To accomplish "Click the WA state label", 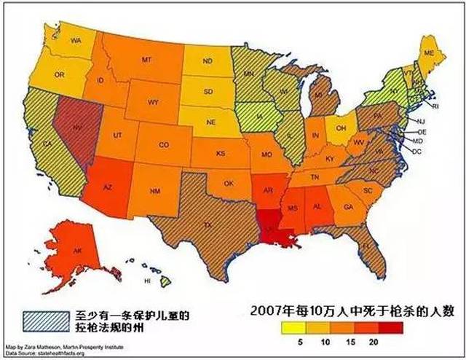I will [75, 41].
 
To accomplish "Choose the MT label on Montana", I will [146, 59].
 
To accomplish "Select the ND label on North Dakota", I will [207, 61].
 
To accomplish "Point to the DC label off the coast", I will [417, 151].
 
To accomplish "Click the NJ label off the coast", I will [420, 120].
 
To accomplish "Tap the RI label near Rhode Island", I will [436, 105].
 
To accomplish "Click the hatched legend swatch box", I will [41, 318].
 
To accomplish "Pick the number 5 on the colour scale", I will [299, 342].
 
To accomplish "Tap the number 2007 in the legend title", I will [265, 309].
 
